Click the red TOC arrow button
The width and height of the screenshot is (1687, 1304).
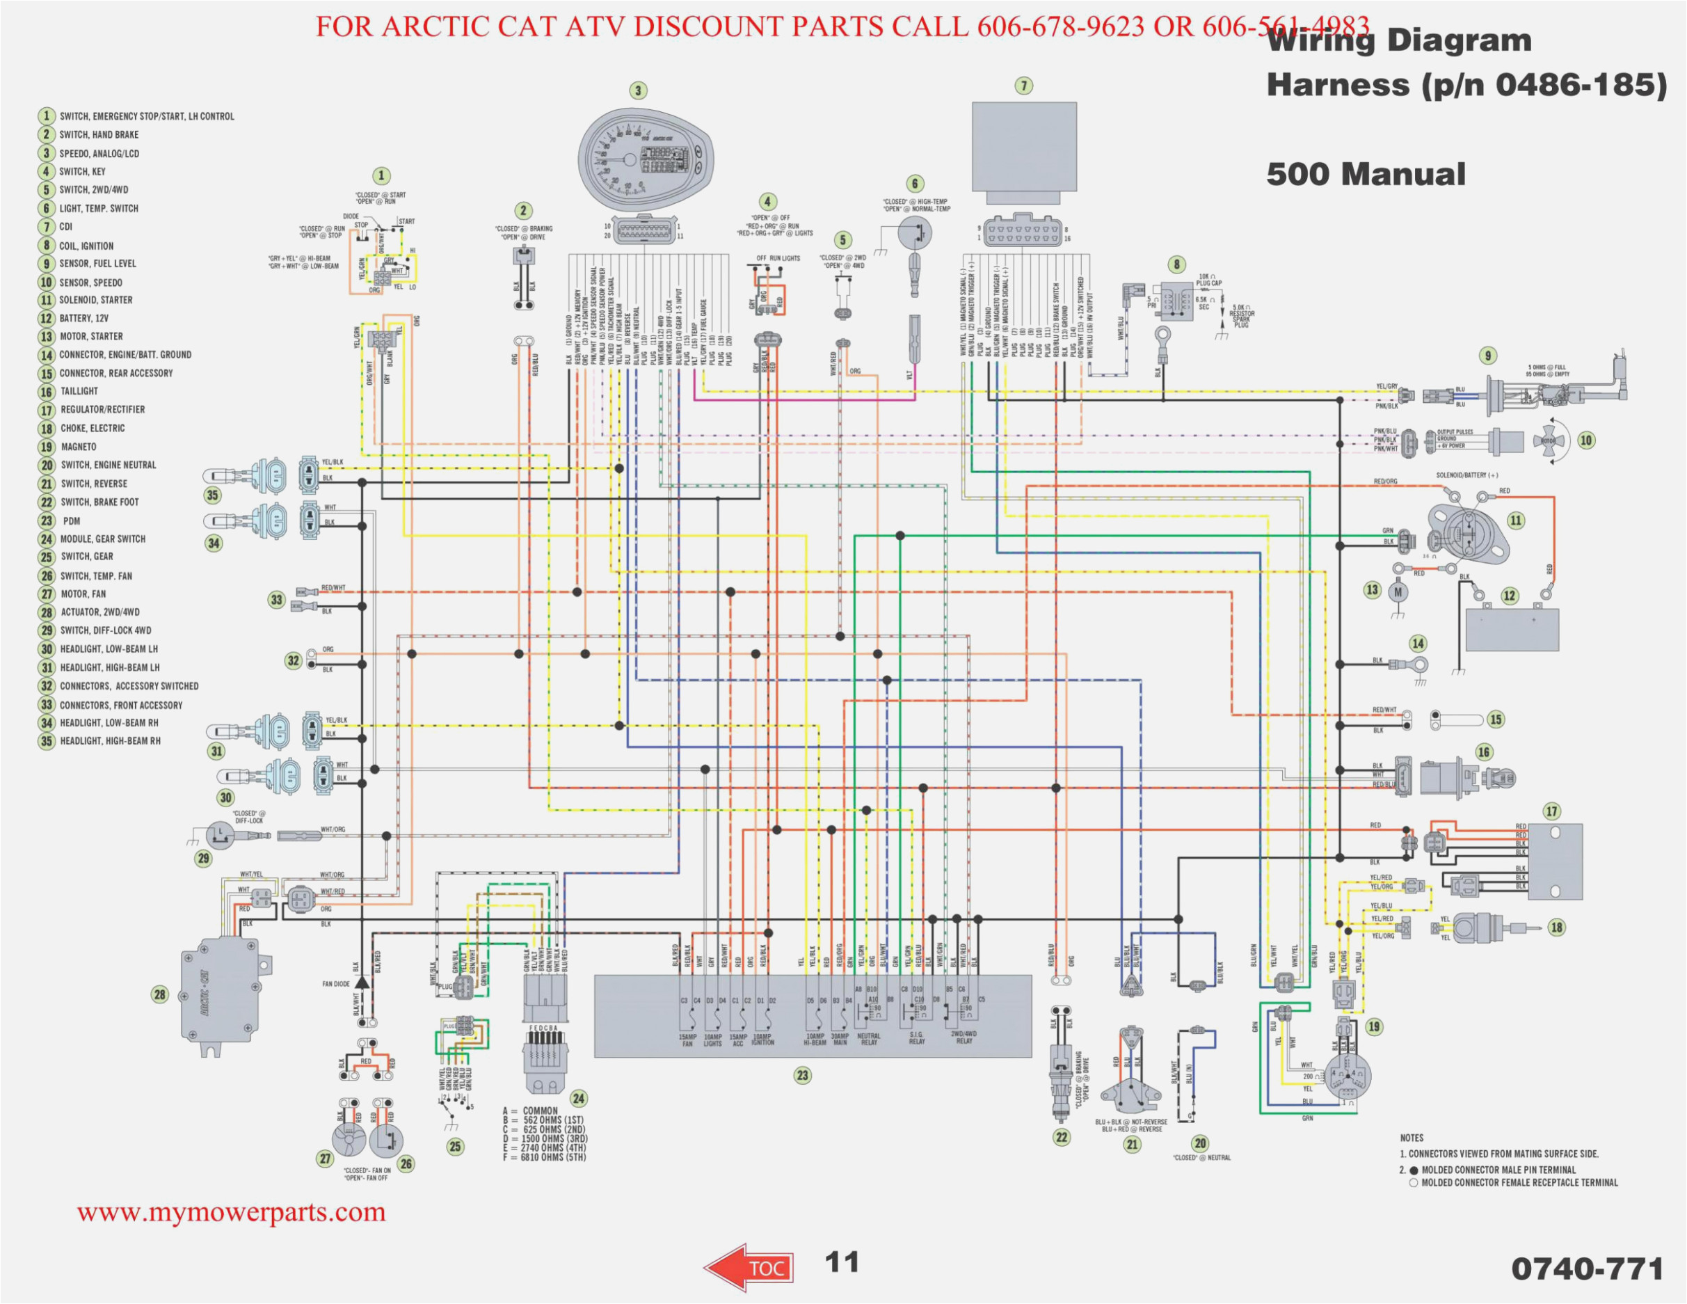749,1267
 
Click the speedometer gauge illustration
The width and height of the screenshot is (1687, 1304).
646,157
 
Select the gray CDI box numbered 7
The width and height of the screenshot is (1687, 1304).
1023,146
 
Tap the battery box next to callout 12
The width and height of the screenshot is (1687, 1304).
1512,630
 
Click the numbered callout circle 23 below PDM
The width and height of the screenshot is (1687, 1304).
803,1075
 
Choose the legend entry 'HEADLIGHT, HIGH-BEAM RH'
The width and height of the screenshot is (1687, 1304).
110,741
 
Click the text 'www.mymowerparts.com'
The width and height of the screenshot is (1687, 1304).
231,1212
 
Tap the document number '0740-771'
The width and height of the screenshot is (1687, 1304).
1587,1269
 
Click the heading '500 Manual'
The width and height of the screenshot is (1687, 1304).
1365,175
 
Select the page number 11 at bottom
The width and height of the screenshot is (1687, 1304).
841,1262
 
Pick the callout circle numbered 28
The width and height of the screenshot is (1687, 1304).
160,994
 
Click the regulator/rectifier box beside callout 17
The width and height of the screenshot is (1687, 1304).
1554,861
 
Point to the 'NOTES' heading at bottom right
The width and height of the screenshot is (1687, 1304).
1412,1138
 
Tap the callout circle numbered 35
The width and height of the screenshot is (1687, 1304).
212,495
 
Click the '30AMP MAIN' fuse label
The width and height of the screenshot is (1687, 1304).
840,1039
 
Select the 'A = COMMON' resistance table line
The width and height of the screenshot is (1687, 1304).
530,1111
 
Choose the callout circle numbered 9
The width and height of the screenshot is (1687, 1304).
1488,356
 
